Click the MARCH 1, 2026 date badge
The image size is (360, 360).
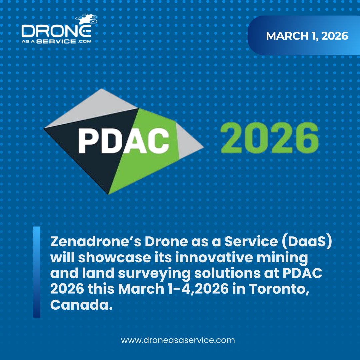307,36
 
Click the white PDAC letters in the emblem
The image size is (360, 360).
124,139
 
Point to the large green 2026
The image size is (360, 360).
269,137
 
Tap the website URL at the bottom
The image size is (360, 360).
178,340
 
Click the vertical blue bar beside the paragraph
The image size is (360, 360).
37,272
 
